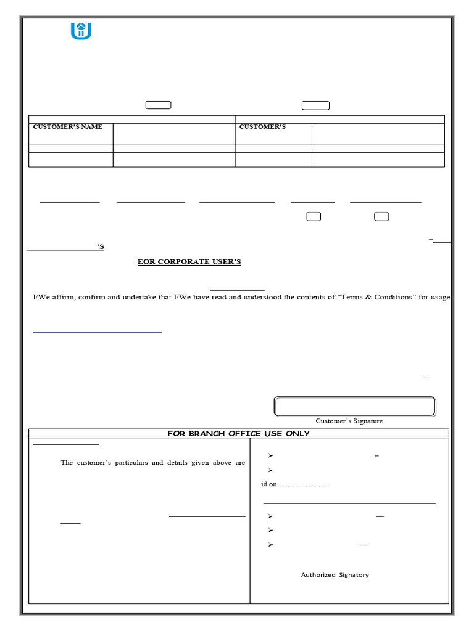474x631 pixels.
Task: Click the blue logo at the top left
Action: [x=81, y=30]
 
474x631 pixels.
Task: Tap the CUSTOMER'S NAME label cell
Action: [x=68, y=127]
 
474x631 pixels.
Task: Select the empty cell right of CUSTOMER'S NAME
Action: [x=173, y=134]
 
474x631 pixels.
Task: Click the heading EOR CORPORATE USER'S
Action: [x=189, y=262]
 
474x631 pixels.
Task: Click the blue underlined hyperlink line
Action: [x=97, y=332]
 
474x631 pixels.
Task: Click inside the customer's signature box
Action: [x=354, y=407]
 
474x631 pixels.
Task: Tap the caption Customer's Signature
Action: [x=349, y=421]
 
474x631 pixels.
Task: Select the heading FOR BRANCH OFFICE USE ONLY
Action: [x=238, y=434]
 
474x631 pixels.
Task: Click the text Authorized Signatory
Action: [x=335, y=575]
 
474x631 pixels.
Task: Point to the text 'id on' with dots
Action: [x=294, y=484]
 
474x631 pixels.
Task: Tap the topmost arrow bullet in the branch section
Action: [x=270, y=455]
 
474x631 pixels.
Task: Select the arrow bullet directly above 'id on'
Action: [x=270, y=470]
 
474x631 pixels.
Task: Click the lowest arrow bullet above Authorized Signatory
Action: [x=270, y=545]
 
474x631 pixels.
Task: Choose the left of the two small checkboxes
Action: [x=314, y=216]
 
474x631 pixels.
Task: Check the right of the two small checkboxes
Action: [x=381, y=216]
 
